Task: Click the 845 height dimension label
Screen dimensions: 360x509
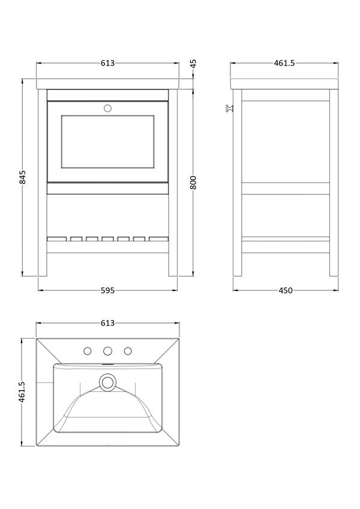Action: click(x=23, y=177)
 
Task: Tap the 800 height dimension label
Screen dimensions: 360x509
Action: click(x=193, y=182)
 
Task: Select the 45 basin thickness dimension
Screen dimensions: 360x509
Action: click(x=193, y=63)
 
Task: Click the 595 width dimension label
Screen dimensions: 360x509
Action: click(x=107, y=290)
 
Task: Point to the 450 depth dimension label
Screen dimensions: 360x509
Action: click(x=286, y=290)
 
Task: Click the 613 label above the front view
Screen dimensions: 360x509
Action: click(x=107, y=63)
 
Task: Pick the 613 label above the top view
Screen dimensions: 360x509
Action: click(x=107, y=323)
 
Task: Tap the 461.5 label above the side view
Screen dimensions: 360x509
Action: click(x=284, y=63)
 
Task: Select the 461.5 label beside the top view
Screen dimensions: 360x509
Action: click(x=22, y=392)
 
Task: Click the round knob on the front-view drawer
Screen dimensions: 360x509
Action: click(x=107, y=108)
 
